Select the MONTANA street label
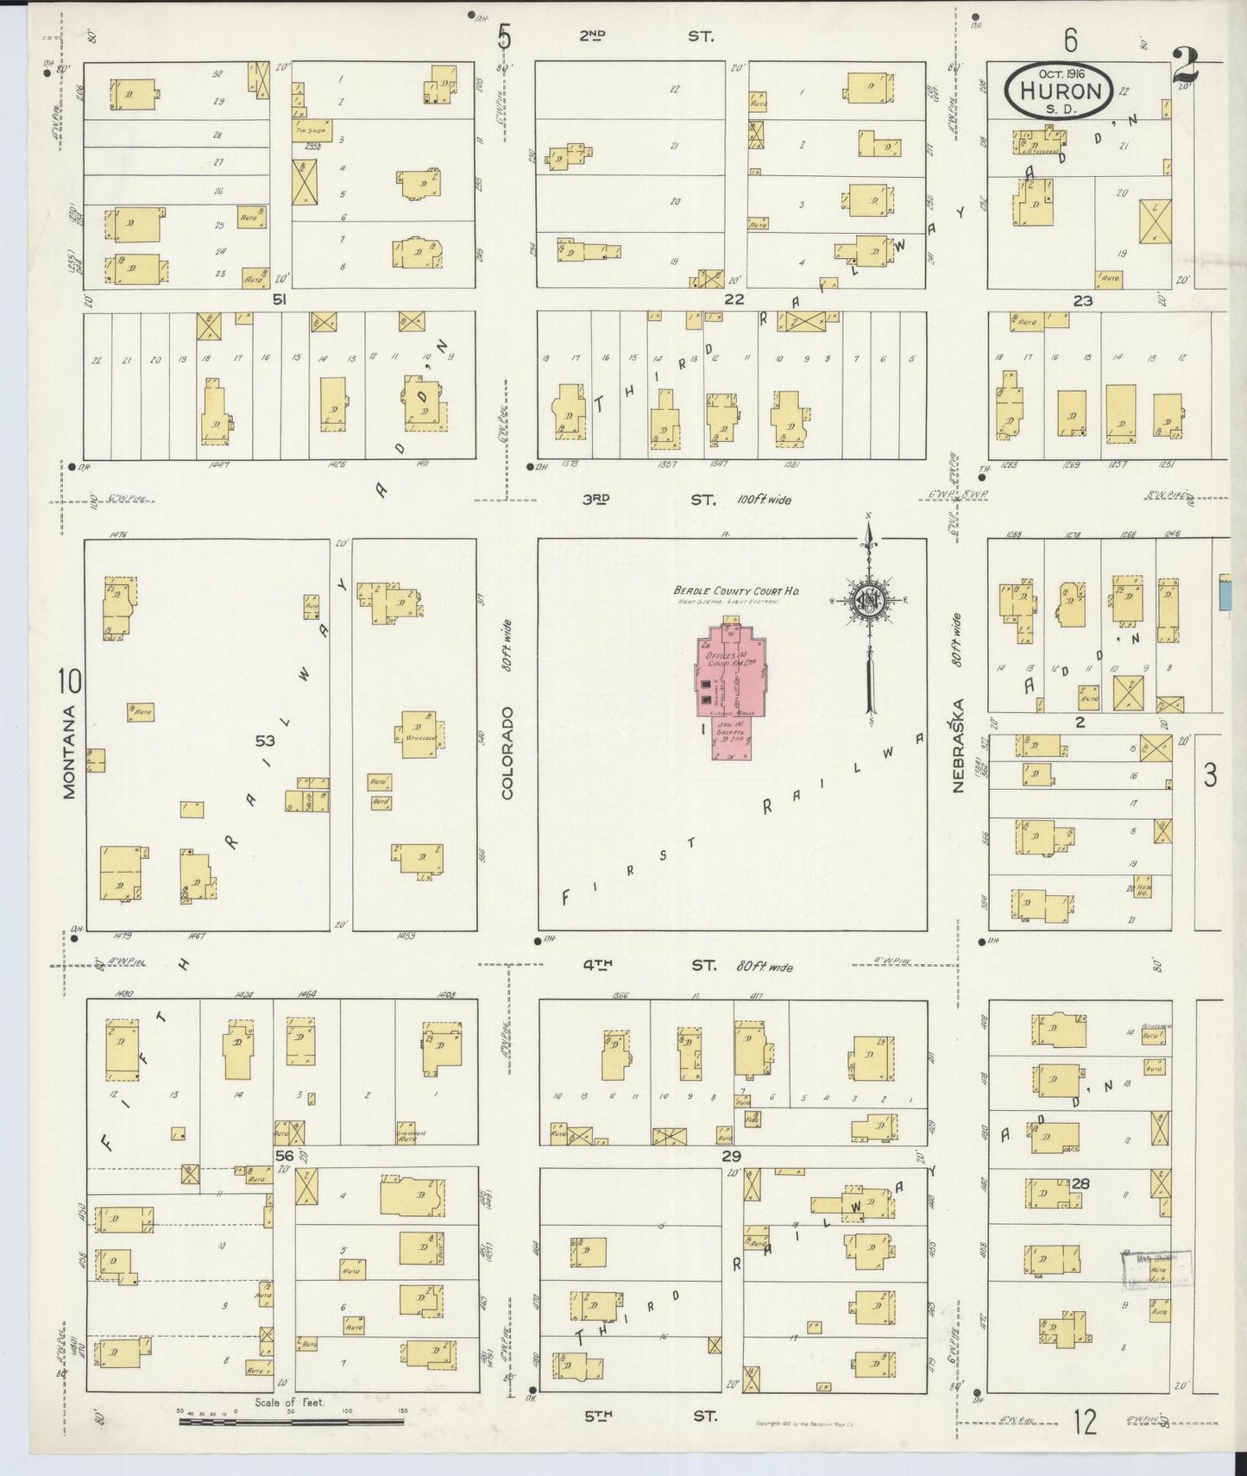[x=70, y=752]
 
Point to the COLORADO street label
[x=507, y=752]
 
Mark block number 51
[x=279, y=300]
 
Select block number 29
[x=732, y=1155]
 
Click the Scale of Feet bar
[x=291, y=1420]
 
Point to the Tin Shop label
[x=309, y=132]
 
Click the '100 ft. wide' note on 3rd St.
[x=764, y=500]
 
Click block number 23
[x=1082, y=301]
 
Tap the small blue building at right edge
[x=1225, y=593]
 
